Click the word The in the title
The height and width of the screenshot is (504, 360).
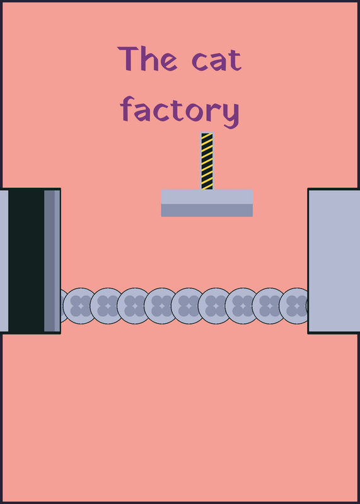tap(147, 59)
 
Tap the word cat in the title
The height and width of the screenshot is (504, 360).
tap(216, 60)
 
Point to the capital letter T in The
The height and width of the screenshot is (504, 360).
tap(128, 59)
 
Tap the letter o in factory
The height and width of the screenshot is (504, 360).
tap(195, 112)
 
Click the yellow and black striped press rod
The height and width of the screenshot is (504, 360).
tap(207, 161)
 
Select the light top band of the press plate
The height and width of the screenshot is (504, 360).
tap(207, 197)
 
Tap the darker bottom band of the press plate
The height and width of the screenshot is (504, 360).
tap(207, 210)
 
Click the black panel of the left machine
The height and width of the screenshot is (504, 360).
tap(26, 261)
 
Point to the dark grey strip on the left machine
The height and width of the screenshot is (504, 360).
tap(49, 261)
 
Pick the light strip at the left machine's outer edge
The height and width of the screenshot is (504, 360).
tap(4, 261)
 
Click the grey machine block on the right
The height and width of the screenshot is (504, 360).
tap(334, 261)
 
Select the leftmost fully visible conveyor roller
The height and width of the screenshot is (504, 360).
tap(81, 306)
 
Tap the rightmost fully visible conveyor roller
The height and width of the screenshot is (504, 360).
tap(296, 306)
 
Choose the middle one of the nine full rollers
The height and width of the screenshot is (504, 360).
tap(189, 306)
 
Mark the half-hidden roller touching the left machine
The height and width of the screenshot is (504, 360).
tap(64, 306)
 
